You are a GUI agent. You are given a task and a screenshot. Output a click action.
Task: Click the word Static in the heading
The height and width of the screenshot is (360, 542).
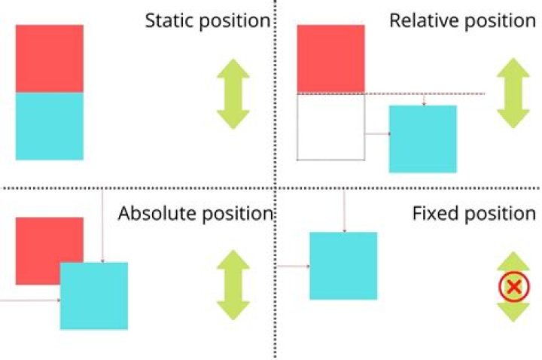coord(169,20)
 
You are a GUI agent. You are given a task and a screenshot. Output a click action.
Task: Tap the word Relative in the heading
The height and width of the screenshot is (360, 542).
coord(419,20)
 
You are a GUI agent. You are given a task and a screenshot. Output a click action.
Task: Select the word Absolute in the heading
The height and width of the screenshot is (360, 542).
coord(155,214)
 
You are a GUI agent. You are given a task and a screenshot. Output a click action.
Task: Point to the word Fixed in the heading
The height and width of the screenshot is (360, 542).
coord(434,214)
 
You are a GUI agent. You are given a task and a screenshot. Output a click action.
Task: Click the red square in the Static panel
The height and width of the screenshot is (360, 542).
coord(50,58)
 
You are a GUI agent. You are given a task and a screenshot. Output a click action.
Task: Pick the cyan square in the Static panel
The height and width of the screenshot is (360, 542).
coord(50,126)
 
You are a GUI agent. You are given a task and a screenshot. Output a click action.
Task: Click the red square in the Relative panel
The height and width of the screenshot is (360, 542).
coord(331,58)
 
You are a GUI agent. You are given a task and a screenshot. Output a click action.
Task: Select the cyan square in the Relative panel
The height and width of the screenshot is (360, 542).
coord(422,139)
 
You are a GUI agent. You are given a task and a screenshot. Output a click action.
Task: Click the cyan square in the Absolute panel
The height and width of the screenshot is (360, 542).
coord(94,295)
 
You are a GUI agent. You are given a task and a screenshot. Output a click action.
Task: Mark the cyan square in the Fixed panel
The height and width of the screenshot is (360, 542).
coord(343,266)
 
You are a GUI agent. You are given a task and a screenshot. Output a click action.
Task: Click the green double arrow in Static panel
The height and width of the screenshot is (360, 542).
coord(233,93)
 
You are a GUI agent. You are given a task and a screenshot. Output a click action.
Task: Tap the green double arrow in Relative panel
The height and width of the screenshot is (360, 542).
coord(513,93)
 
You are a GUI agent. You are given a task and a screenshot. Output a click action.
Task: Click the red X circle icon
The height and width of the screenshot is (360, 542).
coord(513,286)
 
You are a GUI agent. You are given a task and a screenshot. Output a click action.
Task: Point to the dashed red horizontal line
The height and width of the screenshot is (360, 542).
coord(452,93)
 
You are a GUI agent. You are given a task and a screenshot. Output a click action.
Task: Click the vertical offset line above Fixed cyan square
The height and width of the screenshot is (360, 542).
coord(344,211)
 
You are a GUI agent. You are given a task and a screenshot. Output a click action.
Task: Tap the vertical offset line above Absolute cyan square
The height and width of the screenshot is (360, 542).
coord(102,226)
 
